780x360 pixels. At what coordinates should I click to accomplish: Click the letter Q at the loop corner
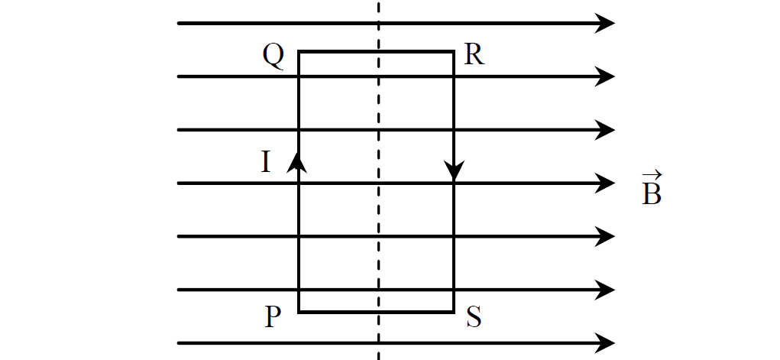[x=273, y=56]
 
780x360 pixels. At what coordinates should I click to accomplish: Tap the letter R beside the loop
[x=474, y=55]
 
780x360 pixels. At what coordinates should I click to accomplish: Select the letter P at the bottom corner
[x=273, y=316]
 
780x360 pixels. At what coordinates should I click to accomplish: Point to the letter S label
[x=474, y=316]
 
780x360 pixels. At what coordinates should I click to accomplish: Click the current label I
[x=266, y=161]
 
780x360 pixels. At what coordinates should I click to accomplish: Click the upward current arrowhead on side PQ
[x=297, y=162]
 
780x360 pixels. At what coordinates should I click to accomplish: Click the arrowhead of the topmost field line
[x=605, y=24]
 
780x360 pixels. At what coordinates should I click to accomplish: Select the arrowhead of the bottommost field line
[x=605, y=343]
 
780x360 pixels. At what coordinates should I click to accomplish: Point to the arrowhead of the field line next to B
[x=605, y=183]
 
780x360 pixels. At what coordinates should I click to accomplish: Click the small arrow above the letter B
[x=652, y=175]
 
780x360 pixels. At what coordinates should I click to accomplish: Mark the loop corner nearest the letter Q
[x=299, y=50]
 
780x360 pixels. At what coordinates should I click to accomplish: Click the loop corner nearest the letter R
[x=454, y=50]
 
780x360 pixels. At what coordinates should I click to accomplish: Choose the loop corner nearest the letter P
[x=299, y=312]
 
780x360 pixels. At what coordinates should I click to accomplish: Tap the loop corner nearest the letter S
[x=454, y=312]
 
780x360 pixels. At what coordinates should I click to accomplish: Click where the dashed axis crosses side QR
[x=379, y=50]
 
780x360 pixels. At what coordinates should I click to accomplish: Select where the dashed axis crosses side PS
[x=379, y=312]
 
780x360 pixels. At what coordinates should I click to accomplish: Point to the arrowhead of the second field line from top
[x=605, y=76]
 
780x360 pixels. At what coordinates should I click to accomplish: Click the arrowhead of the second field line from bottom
[x=605, y=290]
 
